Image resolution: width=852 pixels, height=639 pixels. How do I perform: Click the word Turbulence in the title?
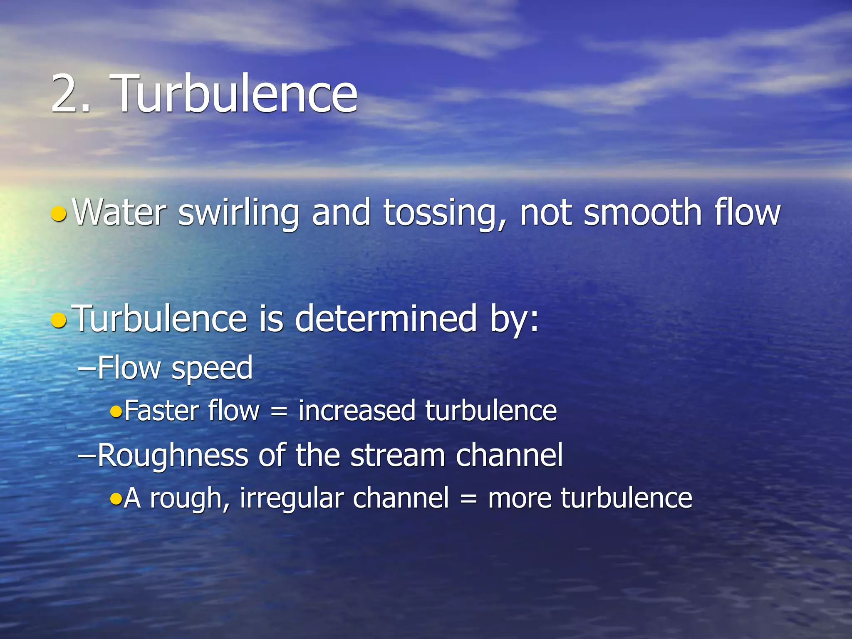(x=235, y=93)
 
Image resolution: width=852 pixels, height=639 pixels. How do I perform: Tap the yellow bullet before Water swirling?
(x=59, y=213)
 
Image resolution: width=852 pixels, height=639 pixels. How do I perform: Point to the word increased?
(x=357, y=411)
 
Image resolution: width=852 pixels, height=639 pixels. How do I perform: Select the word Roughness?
(x=173, y=456)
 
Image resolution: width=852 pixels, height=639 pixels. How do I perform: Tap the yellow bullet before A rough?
(x=116, y=498)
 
